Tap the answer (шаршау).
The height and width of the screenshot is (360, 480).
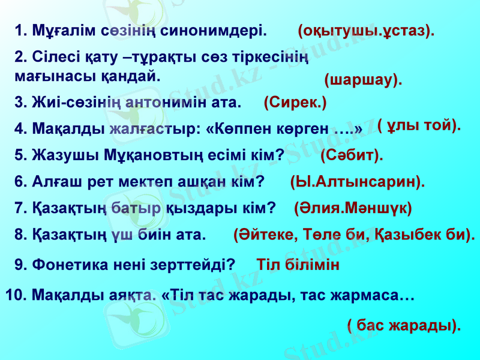(363, 80)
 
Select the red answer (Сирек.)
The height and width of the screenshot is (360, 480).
(295, 102)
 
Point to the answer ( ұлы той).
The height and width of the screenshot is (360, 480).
(419, 125)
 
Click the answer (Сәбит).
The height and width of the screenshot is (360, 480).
(352, 155)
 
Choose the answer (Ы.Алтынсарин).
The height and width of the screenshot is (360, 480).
(358, 181)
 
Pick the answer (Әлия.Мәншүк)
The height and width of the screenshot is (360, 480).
(353, 208)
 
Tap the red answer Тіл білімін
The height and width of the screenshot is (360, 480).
(298, 264)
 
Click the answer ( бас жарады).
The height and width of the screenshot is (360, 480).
(404, 325)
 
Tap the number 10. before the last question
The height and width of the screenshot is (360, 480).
(16, 295)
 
